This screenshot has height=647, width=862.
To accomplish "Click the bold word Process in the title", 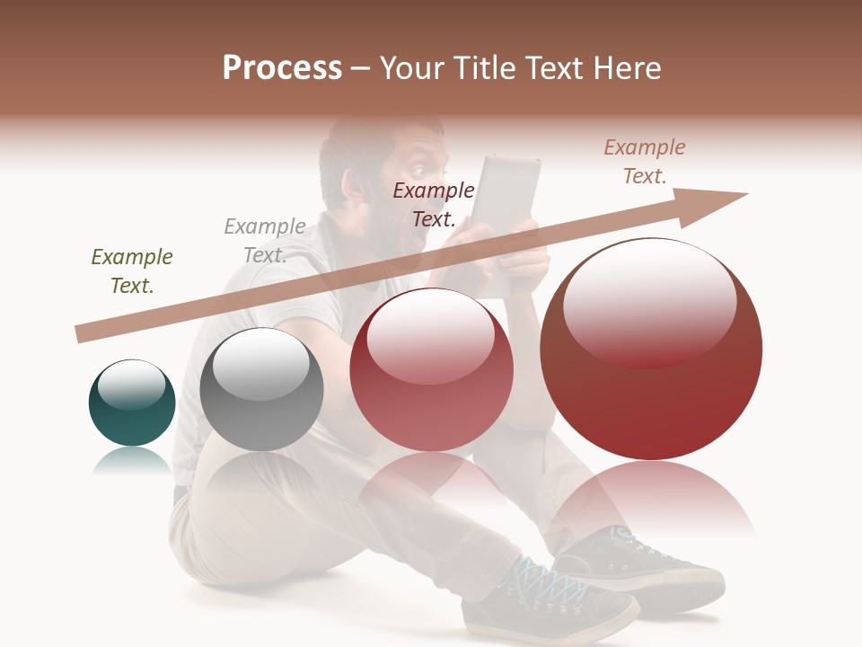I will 282,68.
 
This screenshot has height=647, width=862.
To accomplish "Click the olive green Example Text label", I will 132,270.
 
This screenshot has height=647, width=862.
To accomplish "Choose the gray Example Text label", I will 265,240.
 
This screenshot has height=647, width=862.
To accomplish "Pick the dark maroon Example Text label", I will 434,204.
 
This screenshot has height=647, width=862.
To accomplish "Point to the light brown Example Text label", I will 645,162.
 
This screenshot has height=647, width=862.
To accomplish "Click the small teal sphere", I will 132,403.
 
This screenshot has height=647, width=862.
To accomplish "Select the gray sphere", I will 261,390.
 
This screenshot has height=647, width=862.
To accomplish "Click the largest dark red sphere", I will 651,350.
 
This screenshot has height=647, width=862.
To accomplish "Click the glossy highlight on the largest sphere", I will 649,301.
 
